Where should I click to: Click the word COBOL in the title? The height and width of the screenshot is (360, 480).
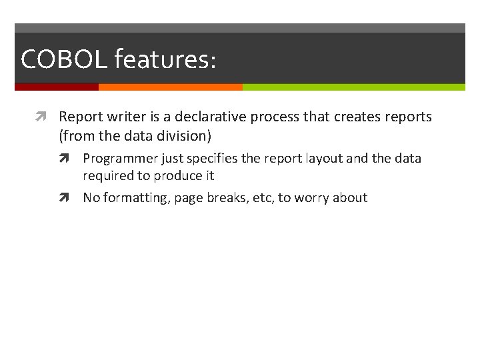64,59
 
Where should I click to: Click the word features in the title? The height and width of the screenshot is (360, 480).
165,59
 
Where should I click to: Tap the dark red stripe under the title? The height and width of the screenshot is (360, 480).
57,87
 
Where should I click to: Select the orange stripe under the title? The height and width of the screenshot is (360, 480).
170,87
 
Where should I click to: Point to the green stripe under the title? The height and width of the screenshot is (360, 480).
353,87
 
